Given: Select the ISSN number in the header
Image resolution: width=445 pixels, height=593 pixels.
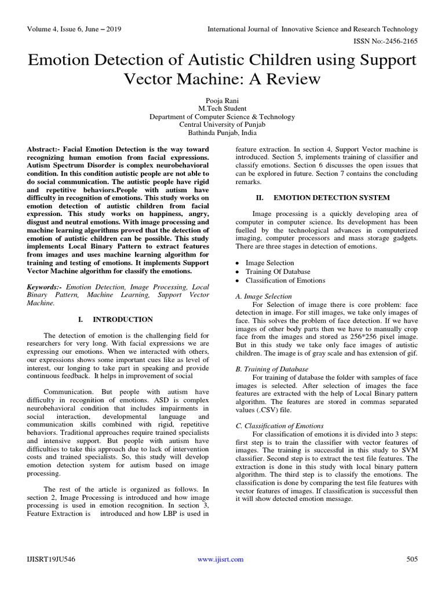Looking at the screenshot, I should (x=392, y=41).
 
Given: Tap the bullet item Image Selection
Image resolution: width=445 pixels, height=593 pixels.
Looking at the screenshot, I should (x=269, y=262).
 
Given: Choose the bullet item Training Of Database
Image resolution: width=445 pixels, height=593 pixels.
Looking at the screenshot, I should (x=278, y=272).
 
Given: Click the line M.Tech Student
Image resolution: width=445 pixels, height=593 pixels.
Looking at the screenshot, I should (x=222, y=108).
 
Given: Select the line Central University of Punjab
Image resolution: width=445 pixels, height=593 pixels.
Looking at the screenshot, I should (x=222, y=125).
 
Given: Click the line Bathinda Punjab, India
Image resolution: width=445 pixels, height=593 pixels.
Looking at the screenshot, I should (x=222, y=133).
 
